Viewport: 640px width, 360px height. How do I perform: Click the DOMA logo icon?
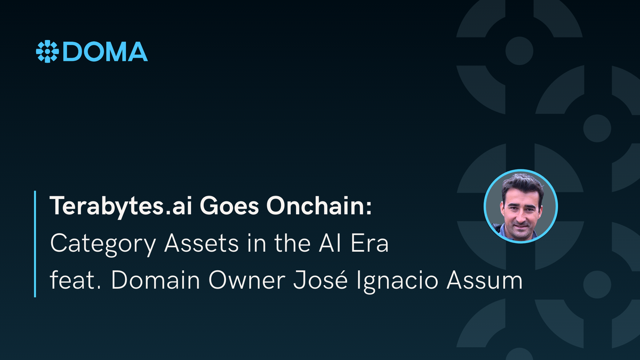tap(47, 52)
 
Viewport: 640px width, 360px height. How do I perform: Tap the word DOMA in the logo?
tap(105, 52)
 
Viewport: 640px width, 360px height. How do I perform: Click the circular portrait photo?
tap(520, 206)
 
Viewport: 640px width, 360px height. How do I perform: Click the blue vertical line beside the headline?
tap(35, 243)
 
